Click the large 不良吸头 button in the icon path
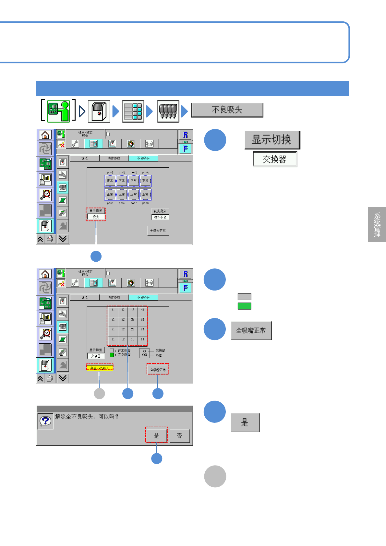227,110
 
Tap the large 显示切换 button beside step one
272,140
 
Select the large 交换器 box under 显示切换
275,159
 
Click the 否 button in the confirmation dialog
179,436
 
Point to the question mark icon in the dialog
45,421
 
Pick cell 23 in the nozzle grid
133,329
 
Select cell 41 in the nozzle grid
113,310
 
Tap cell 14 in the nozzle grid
142,339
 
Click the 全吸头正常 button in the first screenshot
158,231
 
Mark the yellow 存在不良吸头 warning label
100,368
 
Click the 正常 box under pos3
134,181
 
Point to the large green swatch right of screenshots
244,306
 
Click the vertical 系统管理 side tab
377,224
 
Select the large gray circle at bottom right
215,476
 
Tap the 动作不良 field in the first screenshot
160,217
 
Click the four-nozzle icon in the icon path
168,111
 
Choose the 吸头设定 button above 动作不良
160,211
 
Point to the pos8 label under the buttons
145,203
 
